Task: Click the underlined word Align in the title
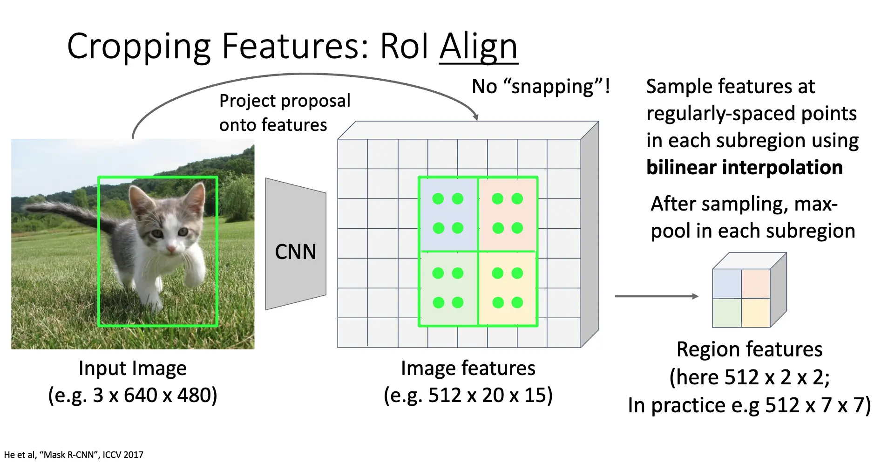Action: point(478,47)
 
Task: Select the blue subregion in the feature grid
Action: point(448,214)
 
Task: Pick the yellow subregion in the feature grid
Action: point(508,288)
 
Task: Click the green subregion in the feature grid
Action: point(448,288)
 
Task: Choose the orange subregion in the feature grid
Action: point(508,214)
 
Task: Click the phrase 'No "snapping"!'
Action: point(541,87)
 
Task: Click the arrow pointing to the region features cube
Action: point(657,296)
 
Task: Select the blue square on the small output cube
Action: point(727,284)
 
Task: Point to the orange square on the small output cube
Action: point(756,284)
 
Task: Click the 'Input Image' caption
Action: point(133,368)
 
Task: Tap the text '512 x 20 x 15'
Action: point(489,395)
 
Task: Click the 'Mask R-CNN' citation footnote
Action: point(74,455)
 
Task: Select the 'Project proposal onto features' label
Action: point(285,113)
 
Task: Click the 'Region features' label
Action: point(749,349)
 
